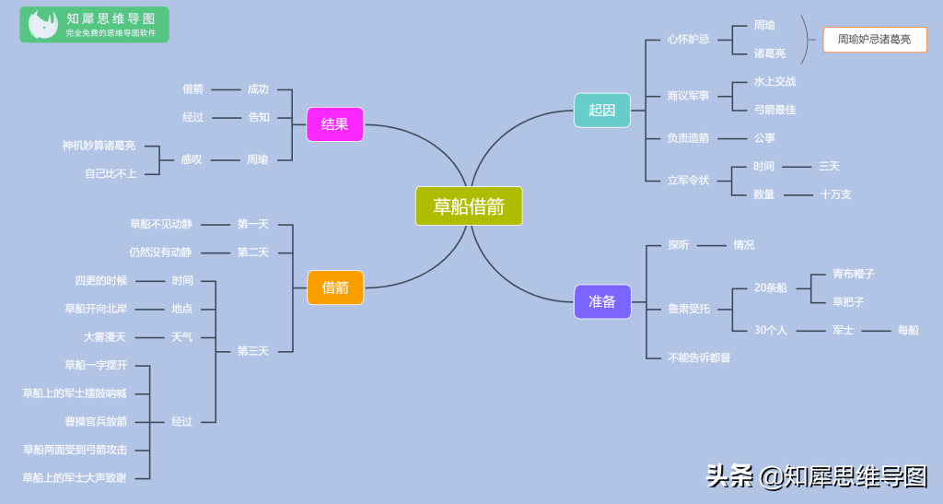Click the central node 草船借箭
(x=469, y=206)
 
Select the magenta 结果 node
(x=335, y=124)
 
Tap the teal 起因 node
(x=602, y=110)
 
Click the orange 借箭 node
(x=335, y=287)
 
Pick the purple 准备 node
(x=602, y=301)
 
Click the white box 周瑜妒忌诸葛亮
(x=875, y=40)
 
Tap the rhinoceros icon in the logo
(x=42, y=25)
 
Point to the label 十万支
(x=836, y=194)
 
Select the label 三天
(x=829, y=166)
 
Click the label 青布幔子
(x=854, y=274)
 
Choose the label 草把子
(x=848, y=301)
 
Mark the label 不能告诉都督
(x=699, y=357)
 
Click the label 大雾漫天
(x=105, y=337)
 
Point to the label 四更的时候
(x=100, y=280)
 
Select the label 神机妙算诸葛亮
(x=99, y=146)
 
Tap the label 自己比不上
(x=111, y=174)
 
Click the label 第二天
(x=252, y=252)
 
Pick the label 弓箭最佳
(x=774, y=110)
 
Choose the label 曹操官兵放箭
(x=96, y=422)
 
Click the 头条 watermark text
(x=729, y=476)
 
